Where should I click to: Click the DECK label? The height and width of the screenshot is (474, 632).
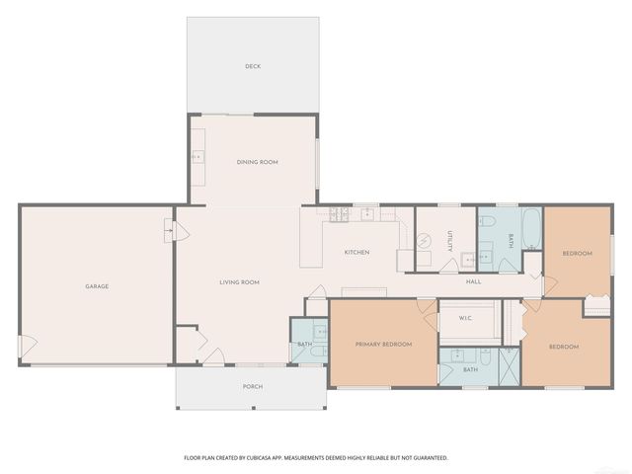(x=253, y=66)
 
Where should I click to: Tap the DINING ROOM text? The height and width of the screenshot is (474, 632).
(x=257, y=162)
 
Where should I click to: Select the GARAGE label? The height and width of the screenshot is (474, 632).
(x=97, y=286)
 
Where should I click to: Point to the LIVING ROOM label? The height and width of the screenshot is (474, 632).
(x=239, y=282)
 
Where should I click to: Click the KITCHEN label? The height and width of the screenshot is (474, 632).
(x=356, y=253)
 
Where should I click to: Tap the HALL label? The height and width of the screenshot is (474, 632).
(x=474, y=282)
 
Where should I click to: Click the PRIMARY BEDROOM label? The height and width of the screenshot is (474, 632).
(x=383, y=344)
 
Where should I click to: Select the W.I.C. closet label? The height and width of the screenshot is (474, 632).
(x=464, y=319)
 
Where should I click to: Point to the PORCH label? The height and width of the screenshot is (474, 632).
(x=253, y=386)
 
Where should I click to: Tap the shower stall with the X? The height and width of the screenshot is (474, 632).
(x=508, y=365)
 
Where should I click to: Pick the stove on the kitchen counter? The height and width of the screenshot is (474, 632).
(x=339, y=214)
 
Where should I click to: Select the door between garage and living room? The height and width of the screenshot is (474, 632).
(x=169, y=232)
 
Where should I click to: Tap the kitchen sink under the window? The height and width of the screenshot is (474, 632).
(x=367, y=213)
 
